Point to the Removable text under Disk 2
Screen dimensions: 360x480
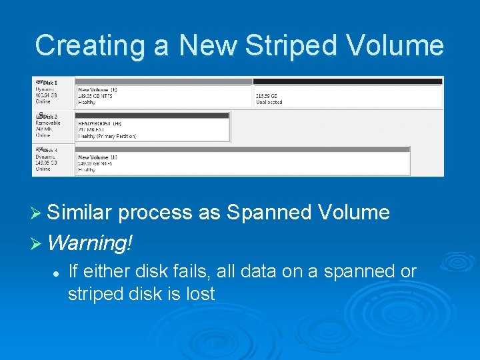(x=47, y=123)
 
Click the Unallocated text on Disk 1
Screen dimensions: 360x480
(x=269, y=102)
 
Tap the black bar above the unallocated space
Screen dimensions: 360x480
(x=347, y=81)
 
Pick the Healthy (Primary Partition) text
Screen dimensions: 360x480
(x=107, y=136)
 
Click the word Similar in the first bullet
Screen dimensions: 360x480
(x=80, y=213)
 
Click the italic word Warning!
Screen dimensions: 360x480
(x=91, y=242)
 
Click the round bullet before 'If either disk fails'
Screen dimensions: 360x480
(x=57, y=273)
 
